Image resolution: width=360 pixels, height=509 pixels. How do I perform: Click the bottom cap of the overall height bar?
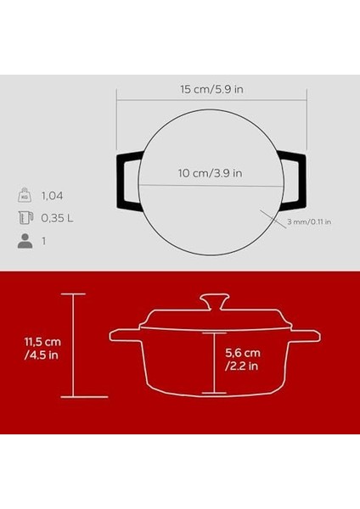click(73, 397)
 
